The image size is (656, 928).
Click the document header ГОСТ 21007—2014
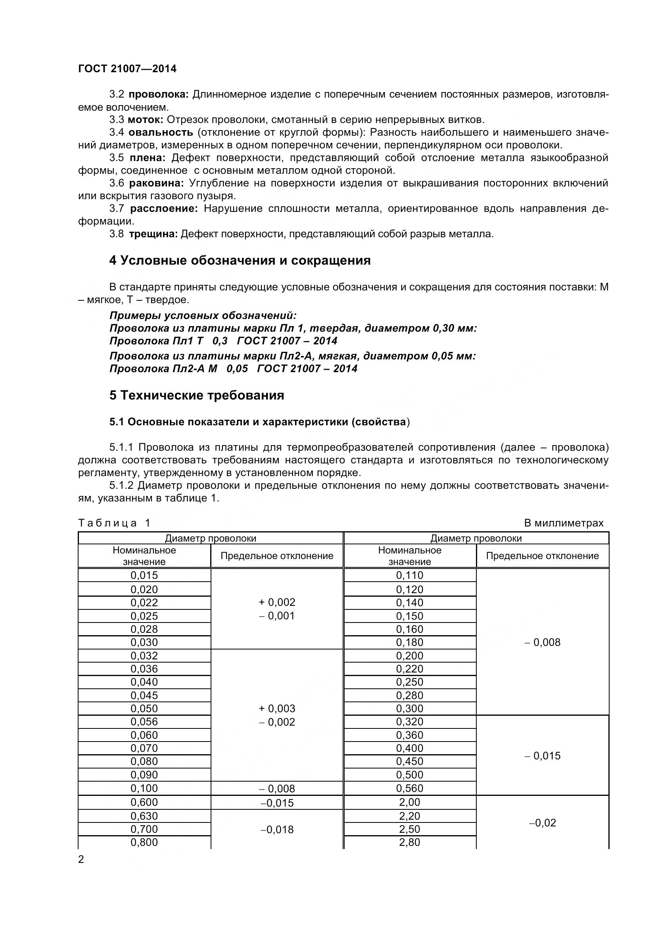click(x=127, y=69)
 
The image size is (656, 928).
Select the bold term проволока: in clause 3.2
click(x=159, y=94)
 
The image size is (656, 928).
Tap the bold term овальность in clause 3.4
click(x=161, y=132)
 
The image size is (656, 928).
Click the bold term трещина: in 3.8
click(x=153, y=234)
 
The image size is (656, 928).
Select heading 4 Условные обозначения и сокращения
click(x=240, y=260)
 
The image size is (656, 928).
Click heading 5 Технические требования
click(x=197, y=395)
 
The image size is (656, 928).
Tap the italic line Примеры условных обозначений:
click(x=203, y=315)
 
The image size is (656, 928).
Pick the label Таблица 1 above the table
click(x=114, y=523)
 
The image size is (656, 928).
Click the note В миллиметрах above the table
click(x=564, y=523)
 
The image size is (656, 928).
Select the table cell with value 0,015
click(x=144, y=575)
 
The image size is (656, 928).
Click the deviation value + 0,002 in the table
click(x=277, y=602)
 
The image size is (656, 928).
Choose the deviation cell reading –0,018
click(x=277, y=829)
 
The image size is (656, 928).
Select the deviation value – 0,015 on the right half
click(x=543, y=756)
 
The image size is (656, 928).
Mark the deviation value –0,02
click(x=543, y=822)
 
